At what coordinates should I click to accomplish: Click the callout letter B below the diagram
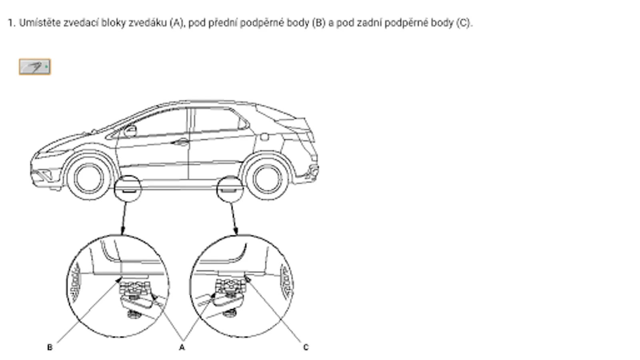click(x=50, y=348)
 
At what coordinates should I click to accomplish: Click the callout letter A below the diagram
click(x=182, y=348)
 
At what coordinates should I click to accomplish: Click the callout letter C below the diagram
click(x=306, y=348)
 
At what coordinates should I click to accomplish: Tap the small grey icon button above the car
click(x=35, y=67)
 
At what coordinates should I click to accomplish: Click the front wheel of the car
click(x=89, y=178)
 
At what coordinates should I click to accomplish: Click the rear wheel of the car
click(x=268, y=178)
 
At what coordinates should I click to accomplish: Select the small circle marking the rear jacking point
click(x=230, y=189)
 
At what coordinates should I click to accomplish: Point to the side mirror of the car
click(x=130, y=131)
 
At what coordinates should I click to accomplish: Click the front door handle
click(x=180, y=142)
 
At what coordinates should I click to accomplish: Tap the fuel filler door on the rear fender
click(x=264, y=137)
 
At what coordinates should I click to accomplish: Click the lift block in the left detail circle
click(x=134, y=288)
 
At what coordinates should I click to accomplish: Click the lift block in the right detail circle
click(x=230, y=286)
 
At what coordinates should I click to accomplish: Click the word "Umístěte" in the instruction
click(x=40, y=23)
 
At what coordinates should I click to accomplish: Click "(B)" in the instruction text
click(x=319, y=23)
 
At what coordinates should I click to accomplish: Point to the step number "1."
click(x=12, y=23)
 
